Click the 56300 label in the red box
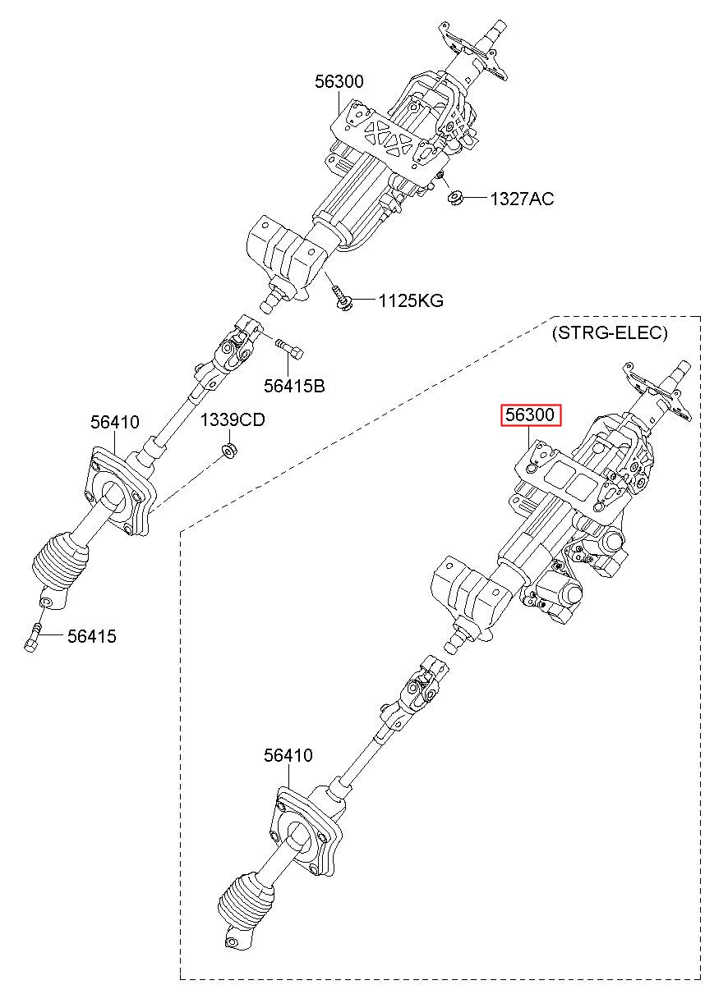pyautogui.click(x=530, y=415)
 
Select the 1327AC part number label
pyautogui.click(x=522, y=199)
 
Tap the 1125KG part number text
pyautogui.click(x=411, y=301)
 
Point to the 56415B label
pyautogui.click(x=294, y=386)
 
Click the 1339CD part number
pyautogui.click(x=233, y=419)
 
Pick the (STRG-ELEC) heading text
pyautogui.click(x=610, y=332)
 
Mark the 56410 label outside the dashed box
pyautogui.click(x=115, y=422)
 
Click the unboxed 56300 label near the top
pyautogui.click(x=339, y=81)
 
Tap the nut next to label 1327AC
pyautogui.click(x=456, y=198)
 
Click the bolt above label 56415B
pyautogui.click(x=288, y=349)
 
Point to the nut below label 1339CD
pyautogui.click(x=229, y=451)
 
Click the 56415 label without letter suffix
pyautogui.click(x=92, y=636)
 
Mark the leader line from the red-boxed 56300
pyautogui.click(x=529, y=438)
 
